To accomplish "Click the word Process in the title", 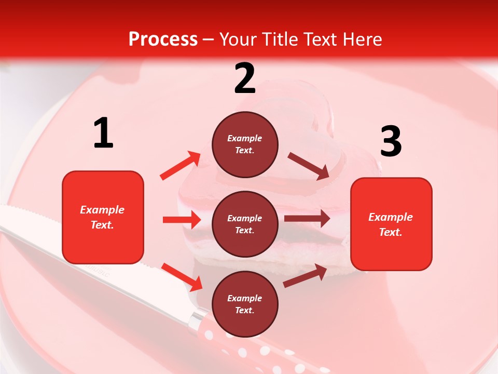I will (x=163, y=39).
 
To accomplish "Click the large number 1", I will (x=103, y=133).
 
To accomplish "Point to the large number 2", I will (x=245, y=78).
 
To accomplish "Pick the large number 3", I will (x=391, y=141).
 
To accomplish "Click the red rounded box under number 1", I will (x=103, y=217).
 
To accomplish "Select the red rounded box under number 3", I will (x=391, y=224).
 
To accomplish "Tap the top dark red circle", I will (x=245, y=144).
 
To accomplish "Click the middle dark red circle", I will (x=245, y=224).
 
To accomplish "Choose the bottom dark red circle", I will (x=245, y=304).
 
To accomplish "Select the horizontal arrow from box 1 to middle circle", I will (x=182, y=220).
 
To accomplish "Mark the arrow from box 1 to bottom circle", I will (x=182, y=277).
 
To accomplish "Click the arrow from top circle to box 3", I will (x=309, y=166).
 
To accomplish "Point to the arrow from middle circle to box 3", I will (x=307, y=219).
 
